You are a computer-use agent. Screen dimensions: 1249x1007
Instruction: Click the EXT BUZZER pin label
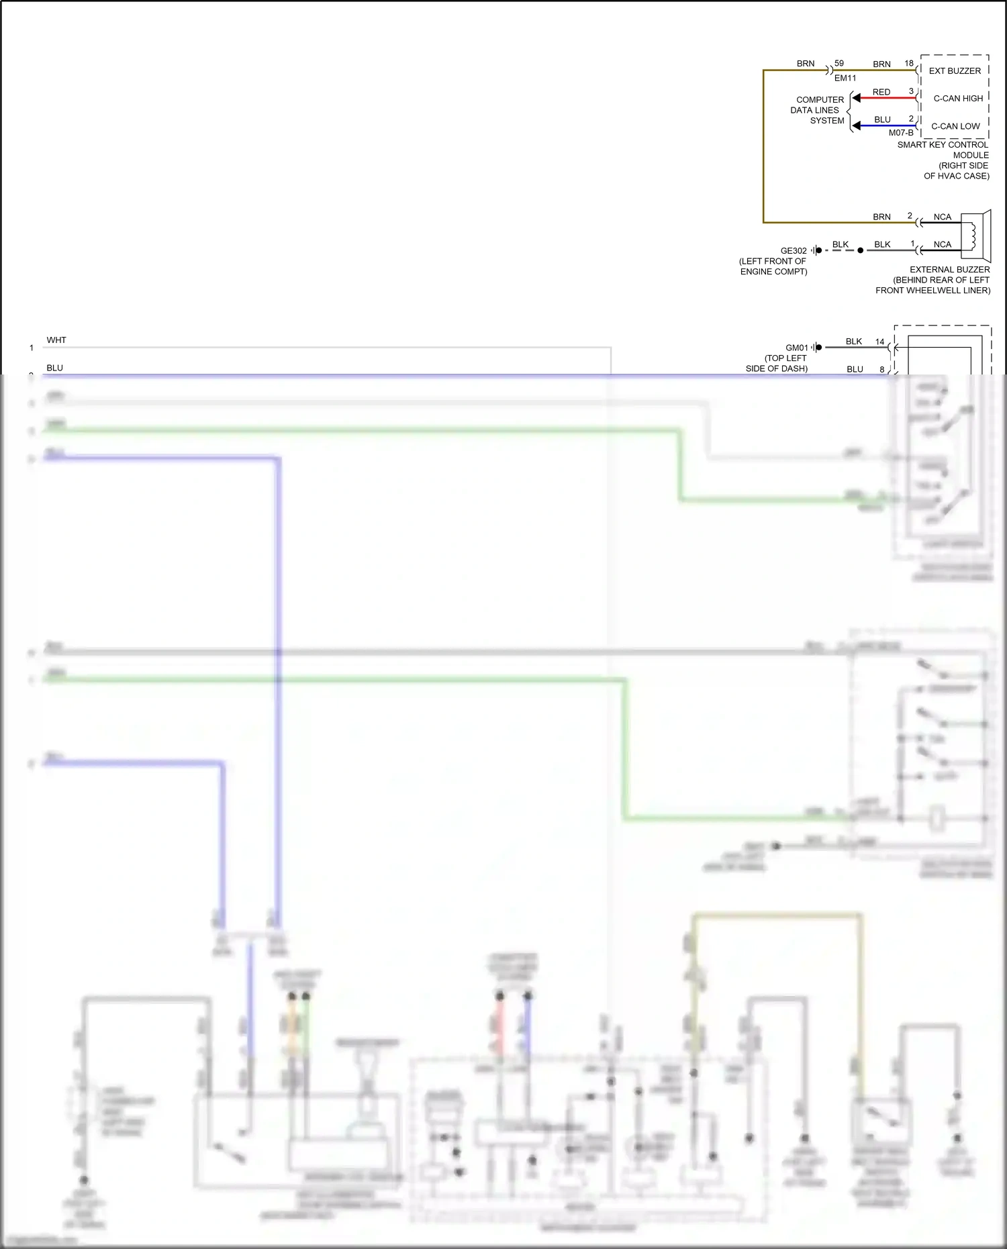(x=954, y=70)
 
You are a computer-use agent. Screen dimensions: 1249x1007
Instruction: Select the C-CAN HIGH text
(x=958, y=98)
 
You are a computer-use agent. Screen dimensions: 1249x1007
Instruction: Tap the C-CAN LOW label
(x=955, y=126)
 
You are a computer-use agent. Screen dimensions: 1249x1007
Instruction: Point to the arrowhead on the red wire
(x=856, y=98)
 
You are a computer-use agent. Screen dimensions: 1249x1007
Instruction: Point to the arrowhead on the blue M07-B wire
(x=856, y=126)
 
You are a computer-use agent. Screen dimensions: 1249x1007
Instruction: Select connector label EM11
(x=845, y=78)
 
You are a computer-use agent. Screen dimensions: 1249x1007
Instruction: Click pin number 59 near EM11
(x=839, y=63)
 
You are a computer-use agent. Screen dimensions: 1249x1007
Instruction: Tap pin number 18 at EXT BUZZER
(x=909, y=63)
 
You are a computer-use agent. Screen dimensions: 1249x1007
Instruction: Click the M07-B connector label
(x=901, y=133)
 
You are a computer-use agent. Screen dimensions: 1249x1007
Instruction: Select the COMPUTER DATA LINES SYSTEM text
(x=818, y=110)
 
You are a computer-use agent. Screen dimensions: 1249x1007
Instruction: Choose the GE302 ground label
(x=794, y=251)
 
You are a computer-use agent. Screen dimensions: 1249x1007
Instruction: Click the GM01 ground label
(x=797, y=348)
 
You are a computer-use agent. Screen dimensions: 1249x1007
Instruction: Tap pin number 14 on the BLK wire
(x=879, y=342)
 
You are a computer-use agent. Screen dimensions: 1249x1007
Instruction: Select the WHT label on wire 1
(x=56, y=340)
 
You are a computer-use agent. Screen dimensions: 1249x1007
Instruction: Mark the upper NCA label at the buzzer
(x=942, y=217)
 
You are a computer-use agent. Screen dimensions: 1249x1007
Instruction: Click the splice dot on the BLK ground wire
(x=861, y=250)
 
